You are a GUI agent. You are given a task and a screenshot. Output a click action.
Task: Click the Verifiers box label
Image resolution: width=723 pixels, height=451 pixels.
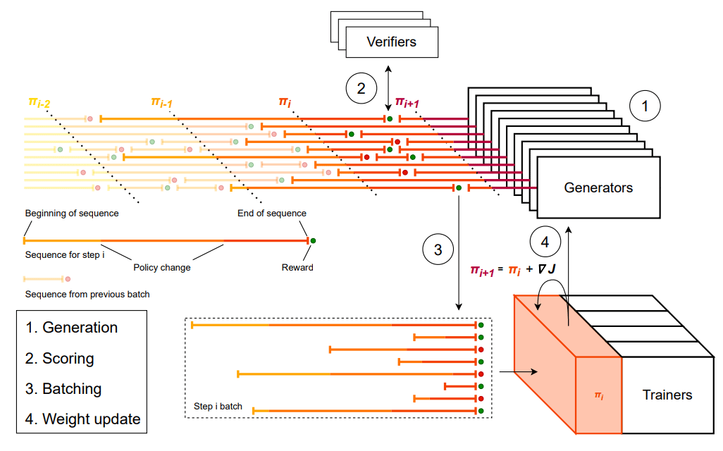(391, 42)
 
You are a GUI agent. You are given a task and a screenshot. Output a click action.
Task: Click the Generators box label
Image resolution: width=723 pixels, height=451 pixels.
(598, 187)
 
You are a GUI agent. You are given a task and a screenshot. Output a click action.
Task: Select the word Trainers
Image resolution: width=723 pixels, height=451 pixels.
(667, 395)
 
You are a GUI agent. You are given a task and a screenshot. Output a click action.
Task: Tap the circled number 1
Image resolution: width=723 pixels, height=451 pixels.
(644, 106)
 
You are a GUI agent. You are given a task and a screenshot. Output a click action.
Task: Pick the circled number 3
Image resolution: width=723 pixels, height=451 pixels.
(438, 249)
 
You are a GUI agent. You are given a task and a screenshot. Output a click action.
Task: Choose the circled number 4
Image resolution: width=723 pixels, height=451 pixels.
(545, 242)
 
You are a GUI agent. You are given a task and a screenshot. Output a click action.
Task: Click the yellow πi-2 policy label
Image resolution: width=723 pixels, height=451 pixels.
(39, 104)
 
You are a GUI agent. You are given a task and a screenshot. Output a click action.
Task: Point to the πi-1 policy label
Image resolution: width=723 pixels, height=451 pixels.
(162, 104)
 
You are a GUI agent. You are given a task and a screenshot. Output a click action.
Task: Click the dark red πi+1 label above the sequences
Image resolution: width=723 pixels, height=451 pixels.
(407, 104)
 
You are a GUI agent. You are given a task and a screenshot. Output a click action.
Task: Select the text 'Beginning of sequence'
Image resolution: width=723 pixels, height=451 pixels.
(72, 214)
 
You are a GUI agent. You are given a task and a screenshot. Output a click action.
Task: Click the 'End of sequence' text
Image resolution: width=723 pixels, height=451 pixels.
(271, 214)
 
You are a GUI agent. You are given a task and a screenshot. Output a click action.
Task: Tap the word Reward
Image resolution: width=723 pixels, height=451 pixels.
(297, 268)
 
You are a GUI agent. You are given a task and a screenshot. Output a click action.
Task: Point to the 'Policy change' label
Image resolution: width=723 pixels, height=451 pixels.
(162, 268)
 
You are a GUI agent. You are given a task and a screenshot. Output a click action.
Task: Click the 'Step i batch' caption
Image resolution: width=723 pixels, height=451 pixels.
(218, 407)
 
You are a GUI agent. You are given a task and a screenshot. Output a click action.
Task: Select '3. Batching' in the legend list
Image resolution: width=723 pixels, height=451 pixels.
(63, 389)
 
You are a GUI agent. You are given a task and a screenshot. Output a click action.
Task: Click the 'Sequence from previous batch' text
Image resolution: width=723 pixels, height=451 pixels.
(87, 295)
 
